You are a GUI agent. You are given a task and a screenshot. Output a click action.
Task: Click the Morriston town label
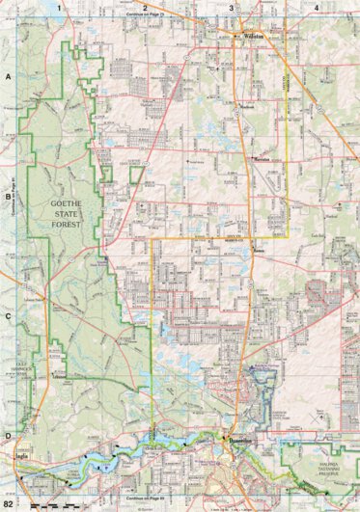(262, 155)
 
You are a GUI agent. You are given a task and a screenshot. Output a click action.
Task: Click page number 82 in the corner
(9, 504)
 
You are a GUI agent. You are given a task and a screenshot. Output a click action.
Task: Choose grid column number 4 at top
(317, 7)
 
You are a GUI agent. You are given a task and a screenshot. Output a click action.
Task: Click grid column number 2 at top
(144, 7)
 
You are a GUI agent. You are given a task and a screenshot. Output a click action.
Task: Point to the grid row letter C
(8, 315)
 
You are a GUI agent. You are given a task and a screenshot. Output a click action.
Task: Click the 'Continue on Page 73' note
(145, 16)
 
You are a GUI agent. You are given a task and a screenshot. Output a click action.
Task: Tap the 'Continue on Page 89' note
(145, 498)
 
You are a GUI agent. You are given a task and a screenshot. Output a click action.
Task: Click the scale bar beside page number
(48, 504)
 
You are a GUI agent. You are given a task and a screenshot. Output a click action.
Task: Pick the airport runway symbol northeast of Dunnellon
(261, 371)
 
